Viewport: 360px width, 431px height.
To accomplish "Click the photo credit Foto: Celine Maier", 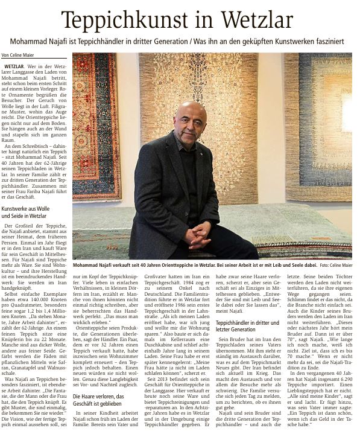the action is coord(336,264).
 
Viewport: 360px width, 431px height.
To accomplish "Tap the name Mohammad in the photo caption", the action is coord(91,264).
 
